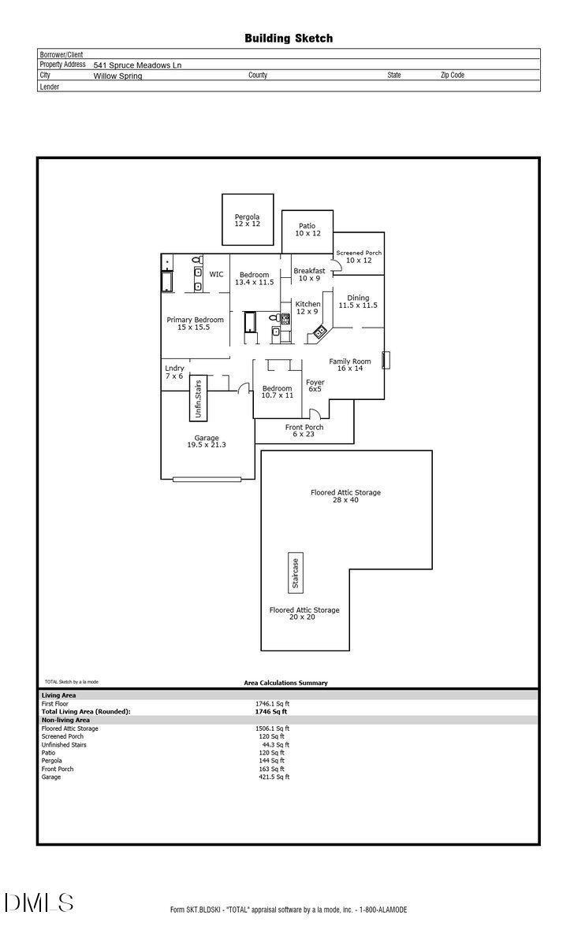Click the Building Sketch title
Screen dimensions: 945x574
click(289, 38)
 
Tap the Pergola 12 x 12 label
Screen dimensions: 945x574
click(247, 220)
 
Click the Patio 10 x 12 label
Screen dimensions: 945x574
click(307, 230)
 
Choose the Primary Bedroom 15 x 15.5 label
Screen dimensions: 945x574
click(195, 324)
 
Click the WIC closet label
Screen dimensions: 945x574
click(216, 275)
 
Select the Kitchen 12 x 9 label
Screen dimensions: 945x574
click(307, 308)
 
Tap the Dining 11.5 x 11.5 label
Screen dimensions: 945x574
click(358, 302)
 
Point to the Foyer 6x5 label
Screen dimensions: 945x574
click(315, 386)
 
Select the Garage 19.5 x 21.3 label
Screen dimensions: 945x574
click(207, 442)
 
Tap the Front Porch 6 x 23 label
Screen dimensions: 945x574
click(304, 431)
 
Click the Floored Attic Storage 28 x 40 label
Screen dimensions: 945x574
click(345, 496)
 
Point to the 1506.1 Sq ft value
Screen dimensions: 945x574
click(272, 728)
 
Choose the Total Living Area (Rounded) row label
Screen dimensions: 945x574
click(86, 711)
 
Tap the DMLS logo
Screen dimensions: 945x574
click(39, 902)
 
